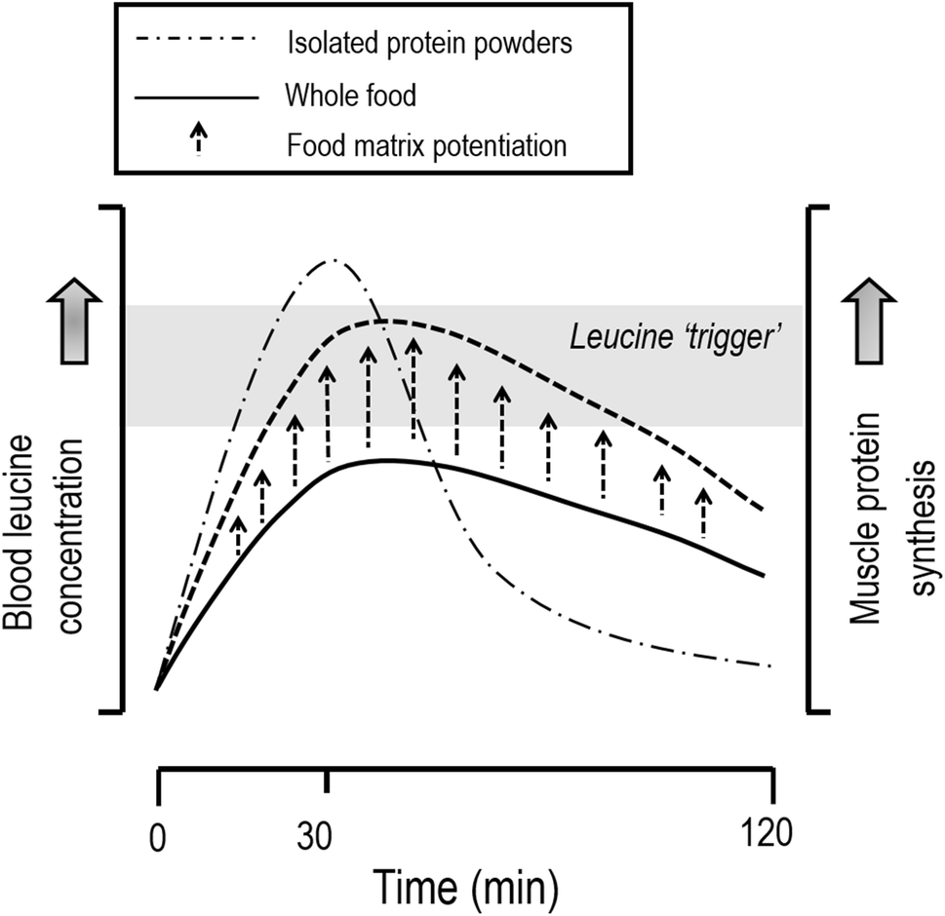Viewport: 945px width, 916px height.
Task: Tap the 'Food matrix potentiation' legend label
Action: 426,147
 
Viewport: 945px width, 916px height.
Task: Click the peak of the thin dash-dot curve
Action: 334,260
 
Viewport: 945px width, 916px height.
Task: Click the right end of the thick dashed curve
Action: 762,510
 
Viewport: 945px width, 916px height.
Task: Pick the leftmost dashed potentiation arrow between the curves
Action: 238,536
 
